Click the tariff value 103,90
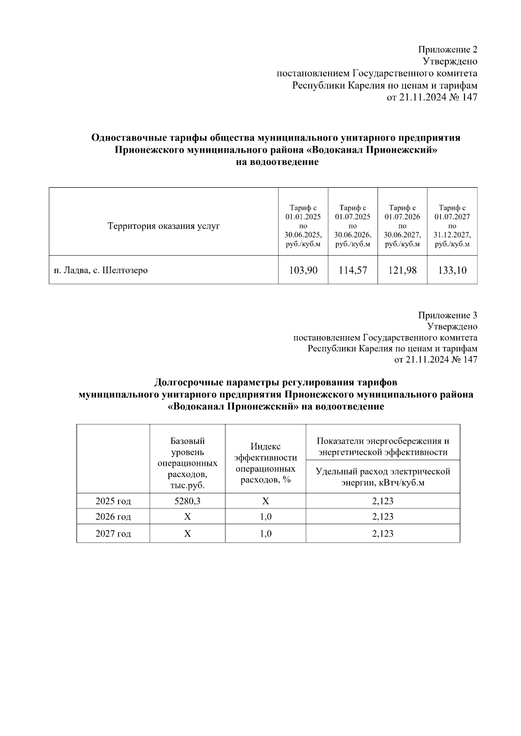click(x=303, y=270)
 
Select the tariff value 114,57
click(x=353, y=270)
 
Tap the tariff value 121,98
click(x=402, y=270)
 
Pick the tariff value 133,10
click(x=452, y=270)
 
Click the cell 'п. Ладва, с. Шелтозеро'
click(x=101, y=270)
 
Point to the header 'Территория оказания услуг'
click(x=164, y=226)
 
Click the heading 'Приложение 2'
click(x=448, y=49)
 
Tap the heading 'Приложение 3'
click(x=448, y=315)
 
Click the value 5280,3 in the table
click(x=187, y=501)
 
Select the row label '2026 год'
click(x=113, y=517)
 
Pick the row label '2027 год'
click(x=113, y=533)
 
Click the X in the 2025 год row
click(x=265, y=501)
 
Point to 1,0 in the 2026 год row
click(x=265, y=517)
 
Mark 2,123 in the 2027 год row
click(x=383, y=533)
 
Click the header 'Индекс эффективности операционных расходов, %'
click(x=265, y=463)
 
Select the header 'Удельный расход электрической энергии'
click(x=383, y=477)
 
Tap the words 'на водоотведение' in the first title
click(x=277, y=162)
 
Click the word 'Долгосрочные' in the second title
click(x=186, y=383)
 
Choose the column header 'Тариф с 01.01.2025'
click(x=303, y=226)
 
